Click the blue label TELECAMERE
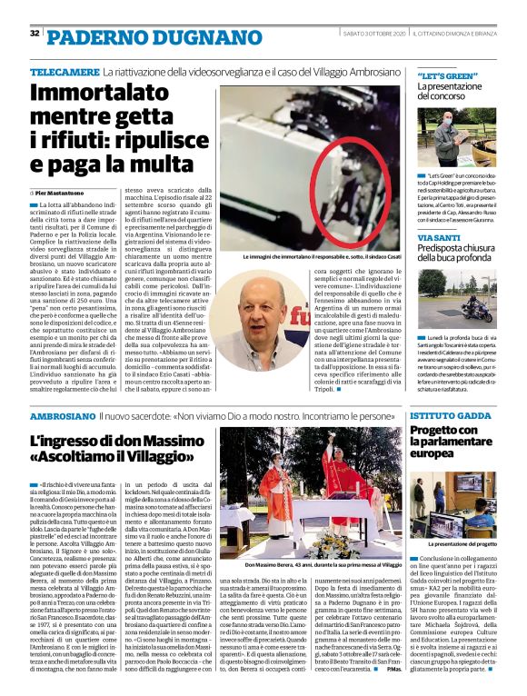point(64,71)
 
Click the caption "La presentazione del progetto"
point(465,543)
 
